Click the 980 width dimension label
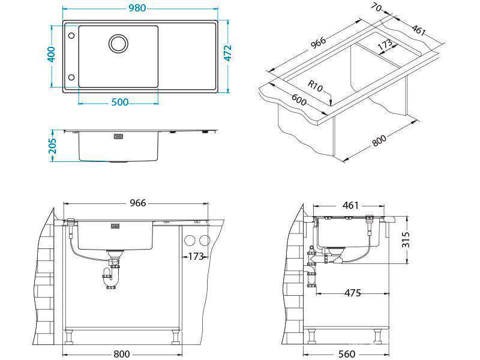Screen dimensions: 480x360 [137, 8]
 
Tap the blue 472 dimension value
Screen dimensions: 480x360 [227, 53]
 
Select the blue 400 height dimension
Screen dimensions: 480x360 [52, 54]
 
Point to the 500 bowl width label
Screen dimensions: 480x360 [119, 102]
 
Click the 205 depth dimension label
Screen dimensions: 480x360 [53, 146]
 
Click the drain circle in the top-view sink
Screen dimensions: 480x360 [118, 43]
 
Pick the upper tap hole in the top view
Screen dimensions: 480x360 [71, 35]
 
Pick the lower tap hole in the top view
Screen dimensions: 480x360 [71, 77]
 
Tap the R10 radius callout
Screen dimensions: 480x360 [315, 86]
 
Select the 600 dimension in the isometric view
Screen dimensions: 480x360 [299, 99]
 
